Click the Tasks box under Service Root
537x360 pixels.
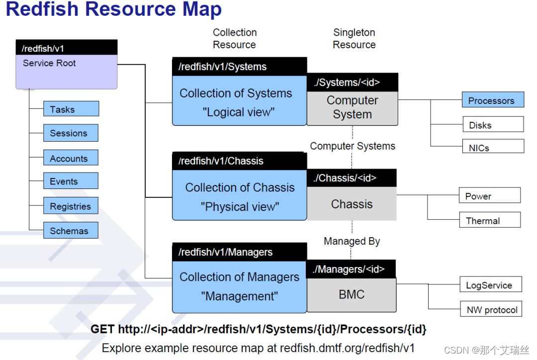[71, 109]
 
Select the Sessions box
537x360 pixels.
[71, 133]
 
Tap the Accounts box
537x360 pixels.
[71, 158]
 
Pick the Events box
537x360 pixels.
[71, 181]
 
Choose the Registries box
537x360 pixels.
[71, 205]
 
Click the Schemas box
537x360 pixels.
[71, 230]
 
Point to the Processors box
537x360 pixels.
[493, 99]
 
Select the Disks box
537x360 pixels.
[493, 124]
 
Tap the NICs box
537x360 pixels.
[493, 146]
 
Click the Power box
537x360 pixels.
[490, 195]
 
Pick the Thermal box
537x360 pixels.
[490, 220]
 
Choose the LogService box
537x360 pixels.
[491, 284]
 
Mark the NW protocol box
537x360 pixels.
[491, 309]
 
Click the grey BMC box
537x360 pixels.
[352, 295]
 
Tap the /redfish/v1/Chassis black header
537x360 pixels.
[239, 161]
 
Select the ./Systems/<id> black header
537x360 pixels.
[353, 82]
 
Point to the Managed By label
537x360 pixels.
[352, 241]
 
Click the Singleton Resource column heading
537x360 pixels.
[354, 38]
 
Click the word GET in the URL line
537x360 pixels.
[102, 329]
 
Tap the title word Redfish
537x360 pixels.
[42, 9]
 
